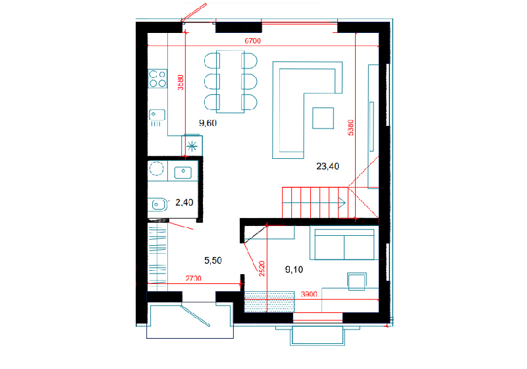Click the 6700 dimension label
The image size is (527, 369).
click(x=252, y=41)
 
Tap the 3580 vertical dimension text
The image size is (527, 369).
click(x=180, y=82)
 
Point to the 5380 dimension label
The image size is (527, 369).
click(x=350, y=127)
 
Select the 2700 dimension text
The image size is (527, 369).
click(x=193, y=278)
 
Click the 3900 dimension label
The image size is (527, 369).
click(x=309, y=294)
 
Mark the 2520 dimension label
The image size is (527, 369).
click(x=262, y=269)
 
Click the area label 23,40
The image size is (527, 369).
click(x=327, y=166)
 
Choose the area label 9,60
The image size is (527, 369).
click(x=208, y=123)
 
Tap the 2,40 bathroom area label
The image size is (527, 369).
click(x=184, y=202)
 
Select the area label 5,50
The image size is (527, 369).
click(x=213, y=260)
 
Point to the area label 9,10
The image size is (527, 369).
click(x=294, y=270)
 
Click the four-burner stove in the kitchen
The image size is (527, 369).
click(x=157, y=78)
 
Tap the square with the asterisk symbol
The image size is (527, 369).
click(x=192, y=146)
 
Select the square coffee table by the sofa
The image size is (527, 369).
click(x=323, y=118)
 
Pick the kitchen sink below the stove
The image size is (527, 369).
click(x=157, y=115)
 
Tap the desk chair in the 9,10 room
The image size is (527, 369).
click(x=356, y=281)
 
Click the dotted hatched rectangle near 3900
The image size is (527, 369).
click(x=269, y=302)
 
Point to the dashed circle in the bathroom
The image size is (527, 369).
click(x=156, y=169)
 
